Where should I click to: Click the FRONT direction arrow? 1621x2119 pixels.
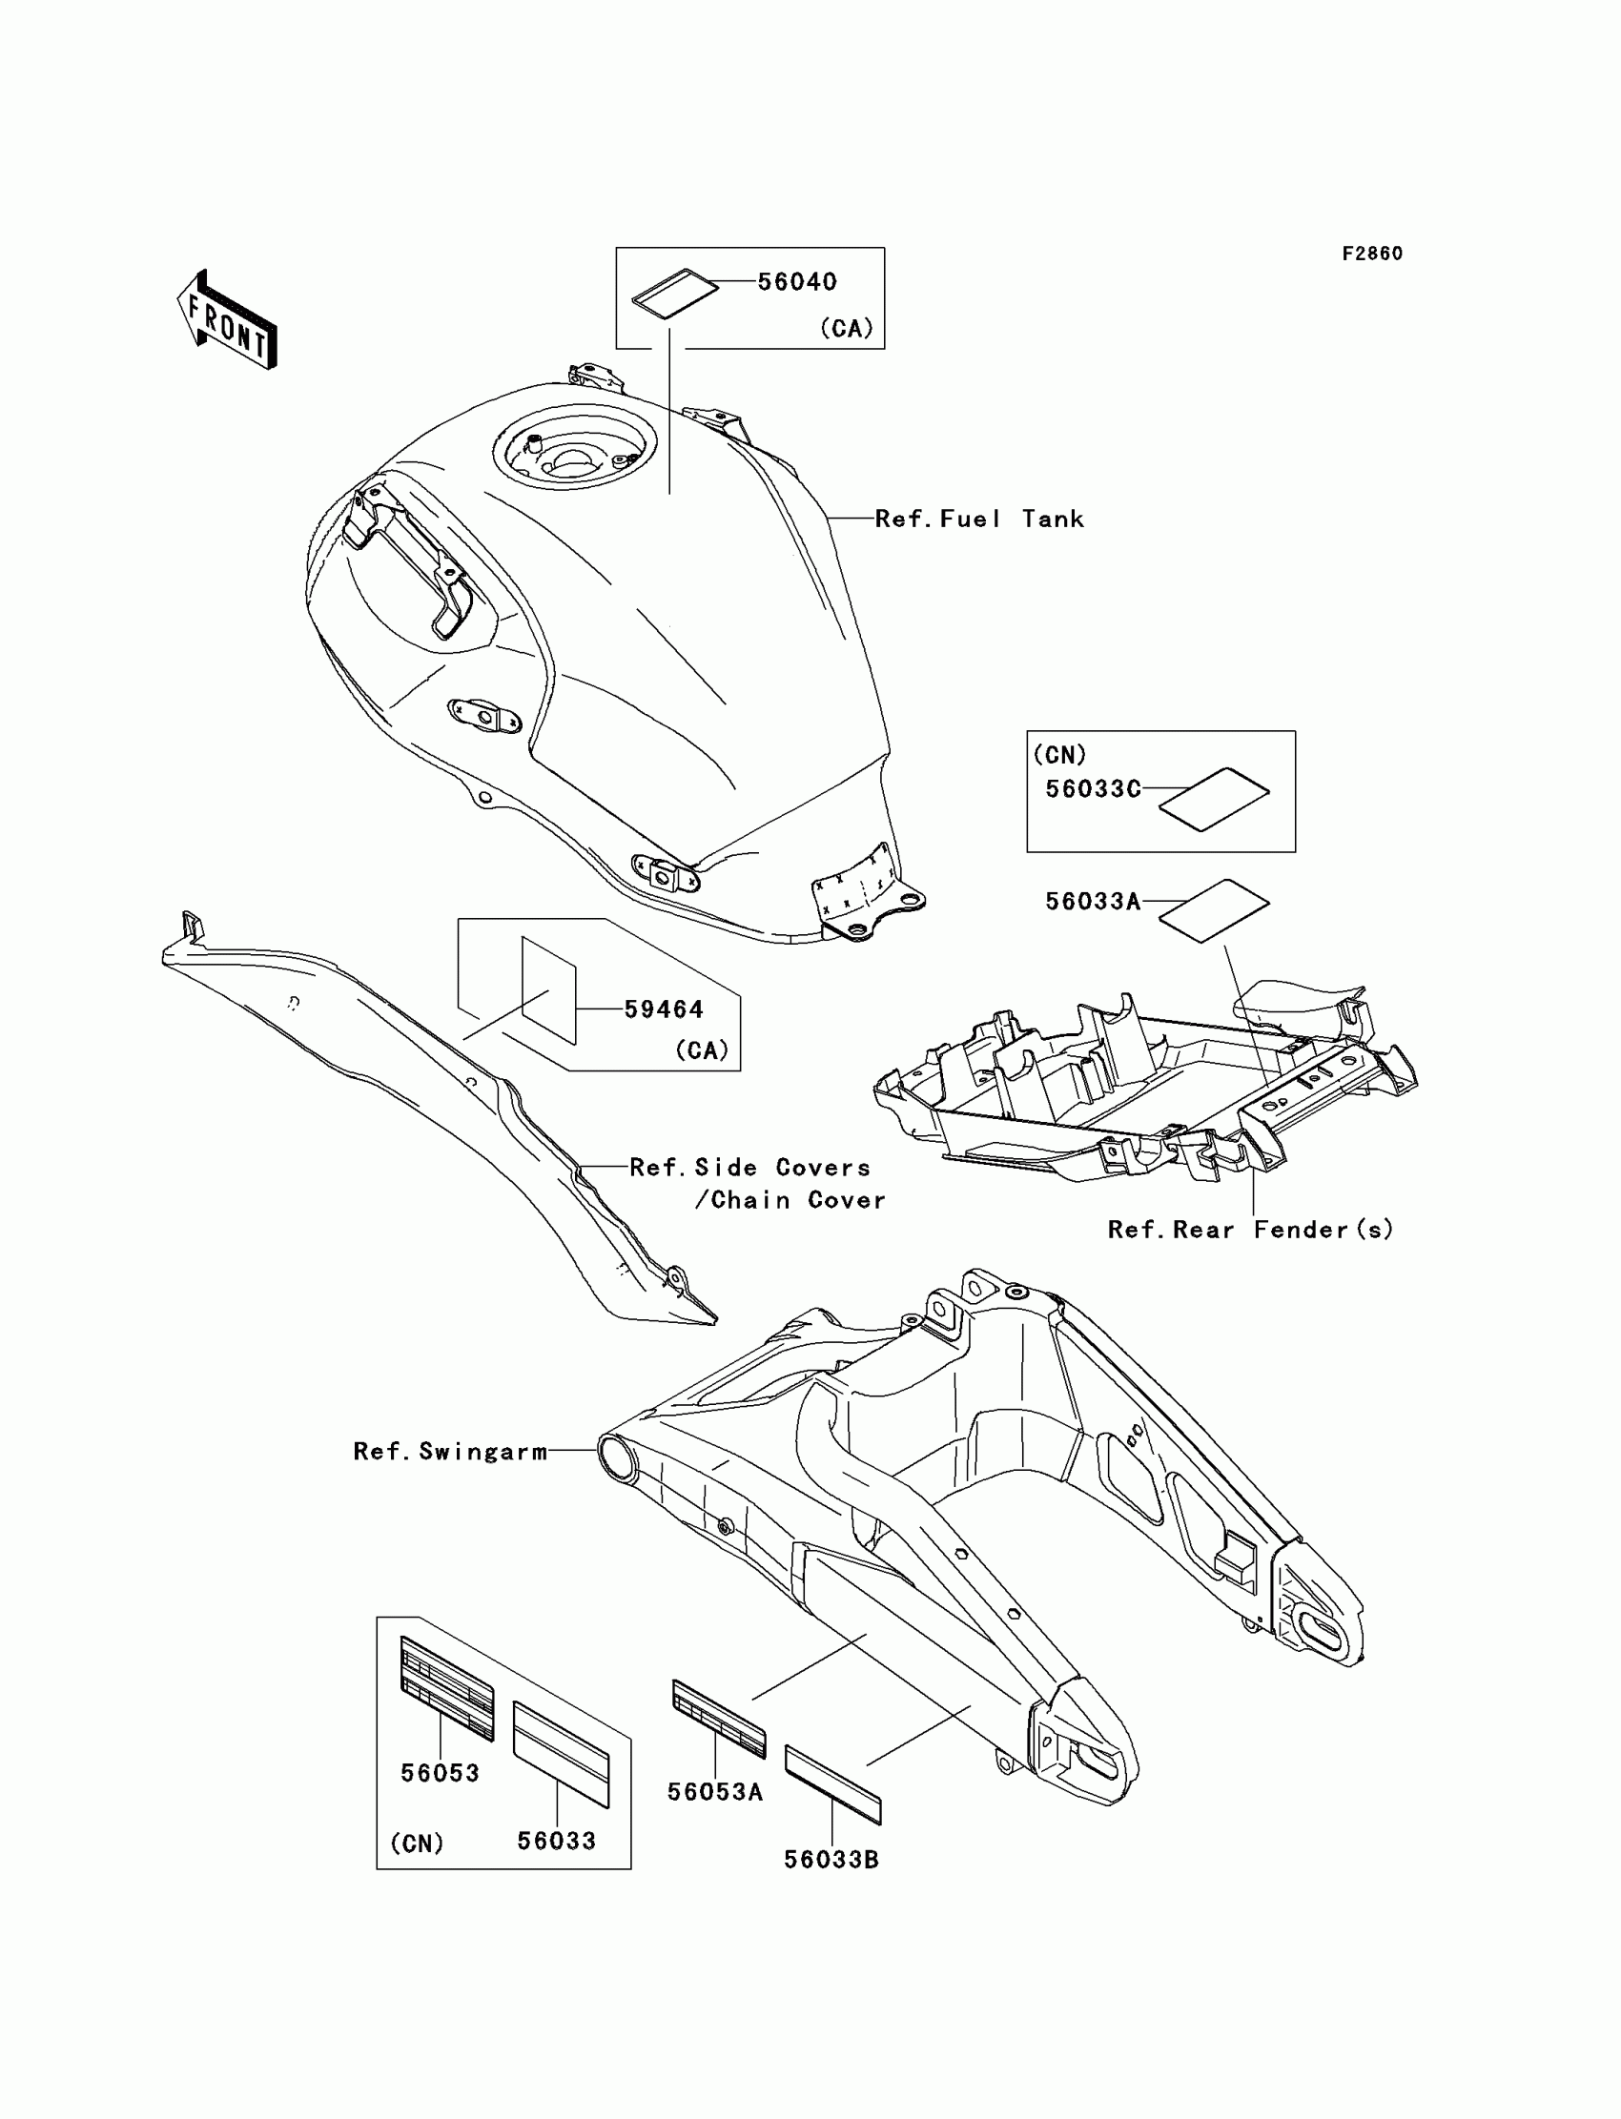(x=228, y=320)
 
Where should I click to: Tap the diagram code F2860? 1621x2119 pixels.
(x=1372, y=254)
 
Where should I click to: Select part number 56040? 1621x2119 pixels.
(x=797, y=281)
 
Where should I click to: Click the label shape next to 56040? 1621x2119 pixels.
(x=675, y=292)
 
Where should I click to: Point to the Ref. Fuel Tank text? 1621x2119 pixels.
(x=979, y=519)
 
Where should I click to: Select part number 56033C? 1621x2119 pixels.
(x=1093, y=789)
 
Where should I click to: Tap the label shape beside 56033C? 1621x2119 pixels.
(x=1214, y=799)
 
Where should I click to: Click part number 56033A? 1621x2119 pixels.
(x=1093, y=901)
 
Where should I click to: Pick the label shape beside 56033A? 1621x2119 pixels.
(x=1214, y=909)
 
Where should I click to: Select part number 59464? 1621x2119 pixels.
(x=664, y=1009)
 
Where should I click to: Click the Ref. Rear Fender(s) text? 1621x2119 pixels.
(x=1250, y=1230)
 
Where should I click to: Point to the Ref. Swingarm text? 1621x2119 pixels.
(x=451, y=1452)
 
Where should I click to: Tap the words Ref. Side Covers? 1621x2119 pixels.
(x=749, y=1168)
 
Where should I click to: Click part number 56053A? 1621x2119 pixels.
(x=715, y=1792)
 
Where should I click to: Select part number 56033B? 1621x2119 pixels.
(x=831, y=1860)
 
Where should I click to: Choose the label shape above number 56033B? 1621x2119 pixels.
(x=832, y=1785)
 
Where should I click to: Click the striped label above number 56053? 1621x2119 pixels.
(x=447, y=1687)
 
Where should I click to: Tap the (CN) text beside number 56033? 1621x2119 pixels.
(x=417, y=1844)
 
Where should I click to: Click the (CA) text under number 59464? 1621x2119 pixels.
(x=702, y=1049)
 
